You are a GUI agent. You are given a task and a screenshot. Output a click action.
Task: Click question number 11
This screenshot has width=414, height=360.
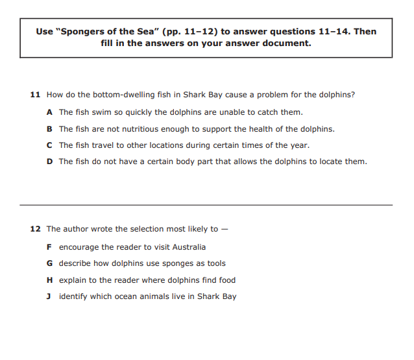point(36,95)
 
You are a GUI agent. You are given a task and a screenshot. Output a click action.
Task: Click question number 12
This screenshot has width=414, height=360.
point(36,229)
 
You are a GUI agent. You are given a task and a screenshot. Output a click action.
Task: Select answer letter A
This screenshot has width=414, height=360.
point(50,112)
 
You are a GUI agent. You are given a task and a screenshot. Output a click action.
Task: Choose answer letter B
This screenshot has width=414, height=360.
point(50,128)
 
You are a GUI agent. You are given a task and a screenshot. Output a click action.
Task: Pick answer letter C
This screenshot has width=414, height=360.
point(50,145)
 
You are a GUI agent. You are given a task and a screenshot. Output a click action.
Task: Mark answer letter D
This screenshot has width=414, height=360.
point(50,162)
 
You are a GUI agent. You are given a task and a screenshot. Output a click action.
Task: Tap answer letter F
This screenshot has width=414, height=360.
point(50,247)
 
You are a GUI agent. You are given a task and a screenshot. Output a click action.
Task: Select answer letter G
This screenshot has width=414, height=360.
point(50,263)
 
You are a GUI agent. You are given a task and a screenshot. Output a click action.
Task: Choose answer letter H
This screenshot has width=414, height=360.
point(50,280)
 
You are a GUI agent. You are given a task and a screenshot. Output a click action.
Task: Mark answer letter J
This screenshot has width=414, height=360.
point(50,296)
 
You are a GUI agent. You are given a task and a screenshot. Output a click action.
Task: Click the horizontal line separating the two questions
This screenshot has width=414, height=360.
point(206,205)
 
